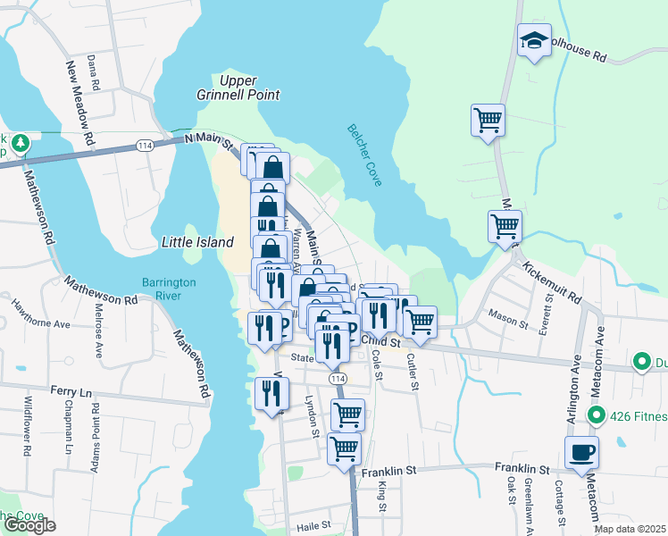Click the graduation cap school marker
point(534,40)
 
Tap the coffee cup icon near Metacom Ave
point(581,452)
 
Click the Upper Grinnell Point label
point(238,88)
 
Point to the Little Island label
point(197,242)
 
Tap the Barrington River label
point(168,289)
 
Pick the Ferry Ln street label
point(71,392)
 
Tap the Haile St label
point(314,525)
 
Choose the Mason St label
point(505,315)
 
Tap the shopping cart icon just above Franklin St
point(344,448)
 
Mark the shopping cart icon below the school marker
point(488,120)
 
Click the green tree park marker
point(20,142)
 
